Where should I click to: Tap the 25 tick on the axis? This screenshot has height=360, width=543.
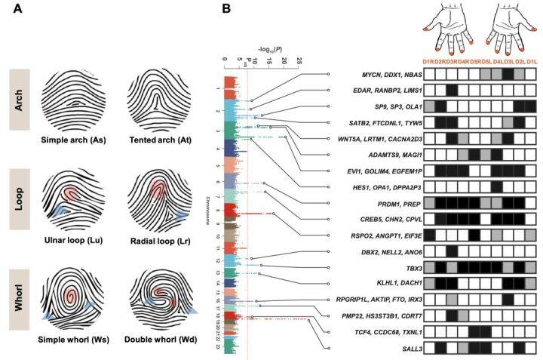(x=299, y=58)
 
